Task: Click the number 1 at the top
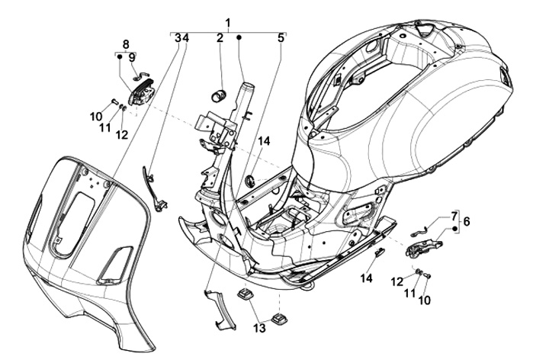tap(227, 22)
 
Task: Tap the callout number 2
tap(219, 37)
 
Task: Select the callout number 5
tap(281, 37)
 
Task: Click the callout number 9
tap(131, 57)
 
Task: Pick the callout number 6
tap(467, 222)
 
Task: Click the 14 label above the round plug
tap(264, 141)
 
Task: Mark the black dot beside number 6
tap(454, 229)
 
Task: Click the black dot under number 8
tap(120, 56)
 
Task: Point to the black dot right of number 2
tap(239, 37)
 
